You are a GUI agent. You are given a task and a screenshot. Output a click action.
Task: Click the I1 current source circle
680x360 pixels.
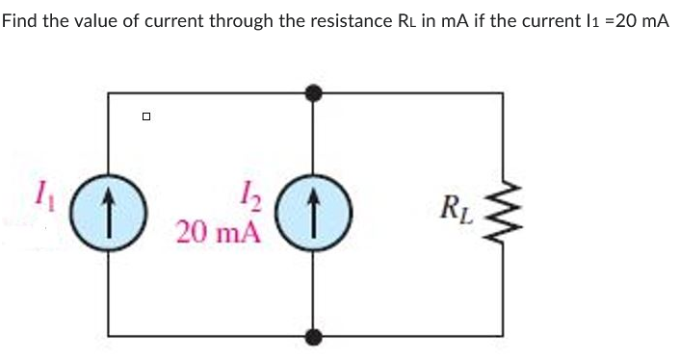(x=107, y=210)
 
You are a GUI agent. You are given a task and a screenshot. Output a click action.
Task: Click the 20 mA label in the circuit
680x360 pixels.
(x=219, y=231)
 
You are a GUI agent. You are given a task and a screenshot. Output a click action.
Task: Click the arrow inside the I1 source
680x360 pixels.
(x=107, y=210)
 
